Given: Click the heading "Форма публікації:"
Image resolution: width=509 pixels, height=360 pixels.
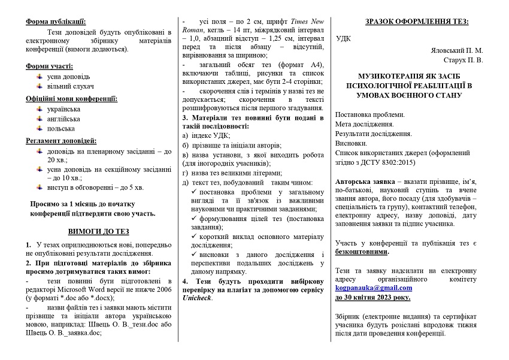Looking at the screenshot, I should pyautogui.click(x=56, y=22).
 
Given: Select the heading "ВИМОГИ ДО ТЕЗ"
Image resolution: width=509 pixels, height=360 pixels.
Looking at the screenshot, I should pyautogui.click(x=98, y=231).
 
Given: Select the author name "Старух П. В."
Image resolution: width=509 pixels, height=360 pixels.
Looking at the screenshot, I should pyautogui.click(x=462, y=60).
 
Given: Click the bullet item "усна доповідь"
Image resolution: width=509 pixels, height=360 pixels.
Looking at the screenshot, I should pyautogui.click(x=68, y=77).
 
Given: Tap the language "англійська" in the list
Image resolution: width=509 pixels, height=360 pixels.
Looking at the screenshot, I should pyautogui.click(x=64, y=119).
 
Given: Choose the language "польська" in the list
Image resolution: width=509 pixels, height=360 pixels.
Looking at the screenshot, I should pyautogui.click(x=62, y=128).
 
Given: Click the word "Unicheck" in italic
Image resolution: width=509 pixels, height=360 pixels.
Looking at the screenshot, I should pyautogui.click(x=197, y=298).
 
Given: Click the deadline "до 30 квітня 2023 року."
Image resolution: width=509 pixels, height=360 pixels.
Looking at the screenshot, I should pyautogui.click(x=372, y=297).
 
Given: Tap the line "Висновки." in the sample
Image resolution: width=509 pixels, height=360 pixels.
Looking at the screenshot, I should pyautogui.click(x=352, y=143).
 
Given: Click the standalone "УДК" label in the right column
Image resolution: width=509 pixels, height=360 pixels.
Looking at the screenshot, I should pyautogui.click(x=344, y=39).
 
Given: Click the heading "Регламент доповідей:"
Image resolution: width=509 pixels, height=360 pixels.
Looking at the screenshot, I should pyautogui.click(x=61, y=141).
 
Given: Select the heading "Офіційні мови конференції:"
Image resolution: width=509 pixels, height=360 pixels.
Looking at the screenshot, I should pyautogui.click(x=71, y=98).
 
